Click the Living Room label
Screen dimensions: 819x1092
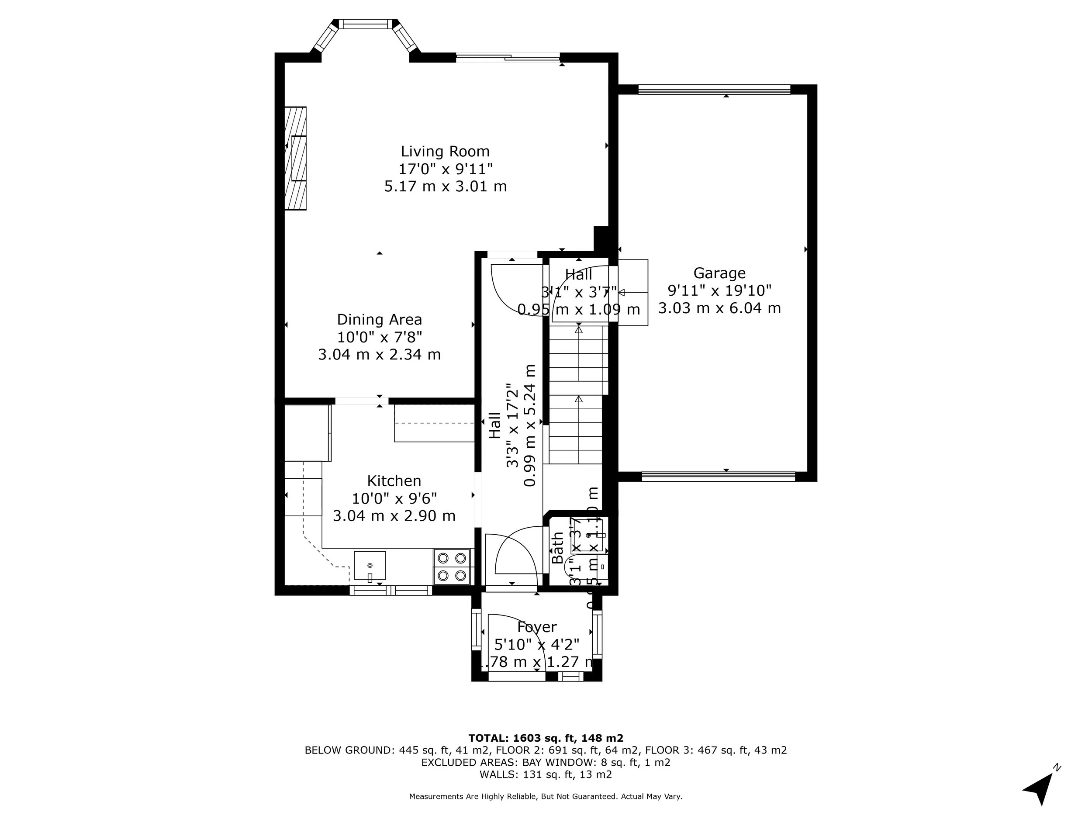(x=445, y=151)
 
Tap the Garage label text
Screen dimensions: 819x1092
(x=719, y=273)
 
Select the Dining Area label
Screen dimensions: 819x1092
(x=379, y=319)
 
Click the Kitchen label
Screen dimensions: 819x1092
(x=394, y=481)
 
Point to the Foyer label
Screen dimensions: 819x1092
(x=537, y=627)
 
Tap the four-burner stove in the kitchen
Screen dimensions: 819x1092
(x=452, y=566)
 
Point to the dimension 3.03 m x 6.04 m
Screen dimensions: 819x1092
(x=719, y=308)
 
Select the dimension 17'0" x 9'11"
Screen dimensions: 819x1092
(x=445, y=169)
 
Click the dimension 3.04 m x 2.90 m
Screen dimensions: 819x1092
(x=394, y=516)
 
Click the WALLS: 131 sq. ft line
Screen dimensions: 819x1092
(x=546, y=774)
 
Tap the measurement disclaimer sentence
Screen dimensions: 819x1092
(x=546, y=796)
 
